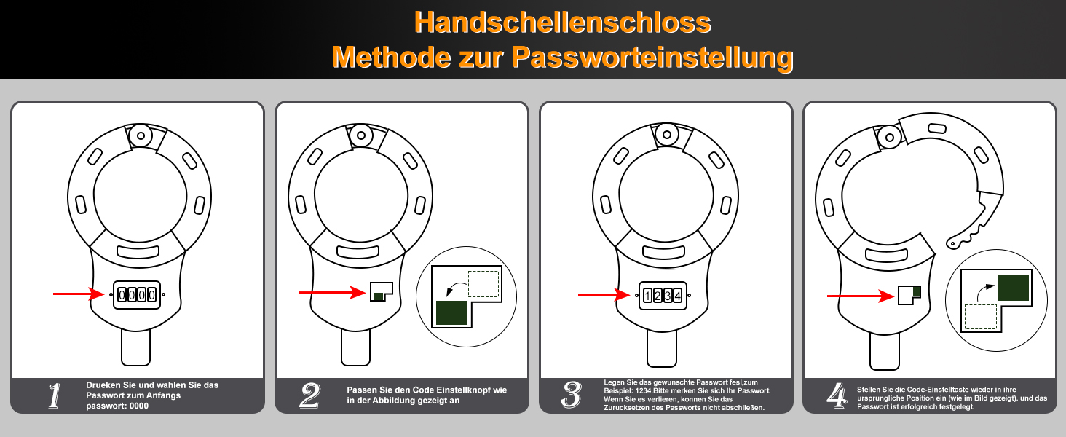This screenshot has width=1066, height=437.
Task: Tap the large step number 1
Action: click(x=55, y=395)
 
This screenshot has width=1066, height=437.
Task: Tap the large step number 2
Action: click(x=309, y=395)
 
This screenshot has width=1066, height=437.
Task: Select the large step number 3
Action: click(x=572, y=395)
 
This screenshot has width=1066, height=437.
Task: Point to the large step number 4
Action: click(x=837, y=395)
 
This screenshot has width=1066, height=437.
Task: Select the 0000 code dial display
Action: click(x=137, y=294)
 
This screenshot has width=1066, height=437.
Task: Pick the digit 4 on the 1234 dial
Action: click(x=678, y=296)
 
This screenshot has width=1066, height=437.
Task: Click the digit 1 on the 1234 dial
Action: click(x=647, y=296)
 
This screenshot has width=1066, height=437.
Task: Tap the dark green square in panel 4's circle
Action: click(x=1014, y=288)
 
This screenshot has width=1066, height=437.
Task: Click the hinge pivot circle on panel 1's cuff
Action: click(x=141, y=135)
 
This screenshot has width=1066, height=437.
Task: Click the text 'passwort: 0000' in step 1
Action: click(x=117, y=406)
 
